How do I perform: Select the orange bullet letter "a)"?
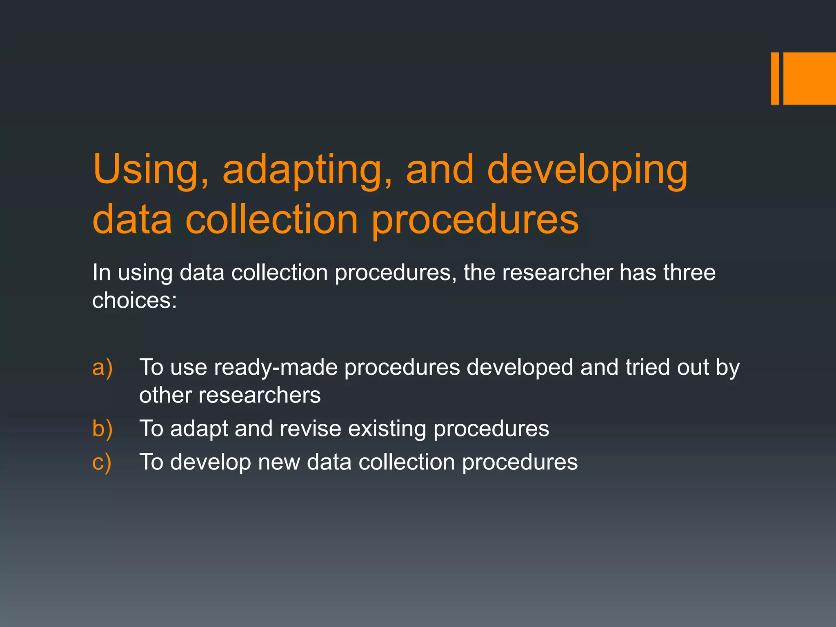coord(102,367)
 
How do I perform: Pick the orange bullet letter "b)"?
coord(102,428)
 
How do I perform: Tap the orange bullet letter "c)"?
coord(102,462)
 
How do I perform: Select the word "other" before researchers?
coord(165,395)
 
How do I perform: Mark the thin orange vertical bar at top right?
coord(775,78)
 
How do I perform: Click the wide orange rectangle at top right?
coord(809,78)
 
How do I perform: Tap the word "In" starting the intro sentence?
coord(102,272)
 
